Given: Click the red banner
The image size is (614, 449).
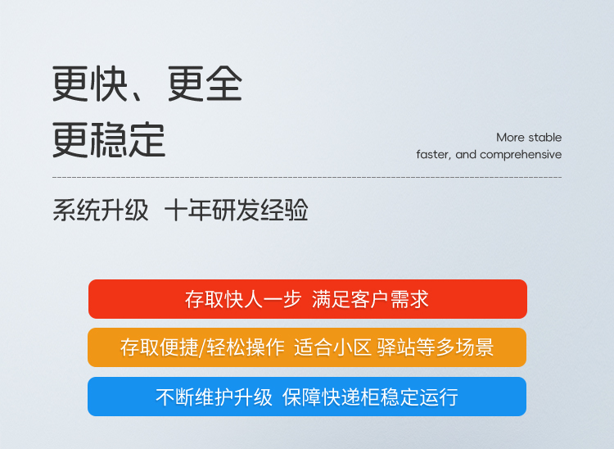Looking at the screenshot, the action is click(x=307, y=299).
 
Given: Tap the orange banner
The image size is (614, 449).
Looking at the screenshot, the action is click(x=307, y=347).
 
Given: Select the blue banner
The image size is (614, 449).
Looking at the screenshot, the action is click(x=307, y=397).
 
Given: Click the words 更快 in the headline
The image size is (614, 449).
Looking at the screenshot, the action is click(x=90, y=84).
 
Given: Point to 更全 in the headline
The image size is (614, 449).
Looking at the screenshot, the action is click(x=205, y=84).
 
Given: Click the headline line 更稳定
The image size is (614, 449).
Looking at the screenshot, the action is click(x=109, y=140).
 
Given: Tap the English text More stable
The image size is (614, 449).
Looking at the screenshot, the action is click(x=529, y=138).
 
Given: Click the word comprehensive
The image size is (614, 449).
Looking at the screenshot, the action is click(x=521, y=155).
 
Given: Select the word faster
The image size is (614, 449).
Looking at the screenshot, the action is click(x=433, y=155).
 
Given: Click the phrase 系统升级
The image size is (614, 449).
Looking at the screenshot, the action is click(x=101, y=211).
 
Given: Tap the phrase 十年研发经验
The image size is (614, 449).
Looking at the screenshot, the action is click(x=237, y=211).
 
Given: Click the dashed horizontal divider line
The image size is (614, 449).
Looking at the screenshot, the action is click(x=307, y=178).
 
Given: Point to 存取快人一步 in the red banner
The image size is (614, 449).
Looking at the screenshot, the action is click(x=243, y=299).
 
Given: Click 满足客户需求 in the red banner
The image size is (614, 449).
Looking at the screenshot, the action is click(x=370, y=299).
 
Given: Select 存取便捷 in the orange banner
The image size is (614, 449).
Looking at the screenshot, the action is click(x=159, y=347).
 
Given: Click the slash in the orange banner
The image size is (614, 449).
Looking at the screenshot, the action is click(x=202, y=347).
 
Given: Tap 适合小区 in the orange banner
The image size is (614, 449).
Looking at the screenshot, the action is click(x=332, y=347).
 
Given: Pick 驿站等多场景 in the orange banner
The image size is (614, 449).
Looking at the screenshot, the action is click(x=436, y=347).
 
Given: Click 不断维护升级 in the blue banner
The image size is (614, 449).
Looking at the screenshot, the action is click(x=214, y=397).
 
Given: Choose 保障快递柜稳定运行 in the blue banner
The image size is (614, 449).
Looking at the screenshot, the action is click(x=370, y=397).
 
